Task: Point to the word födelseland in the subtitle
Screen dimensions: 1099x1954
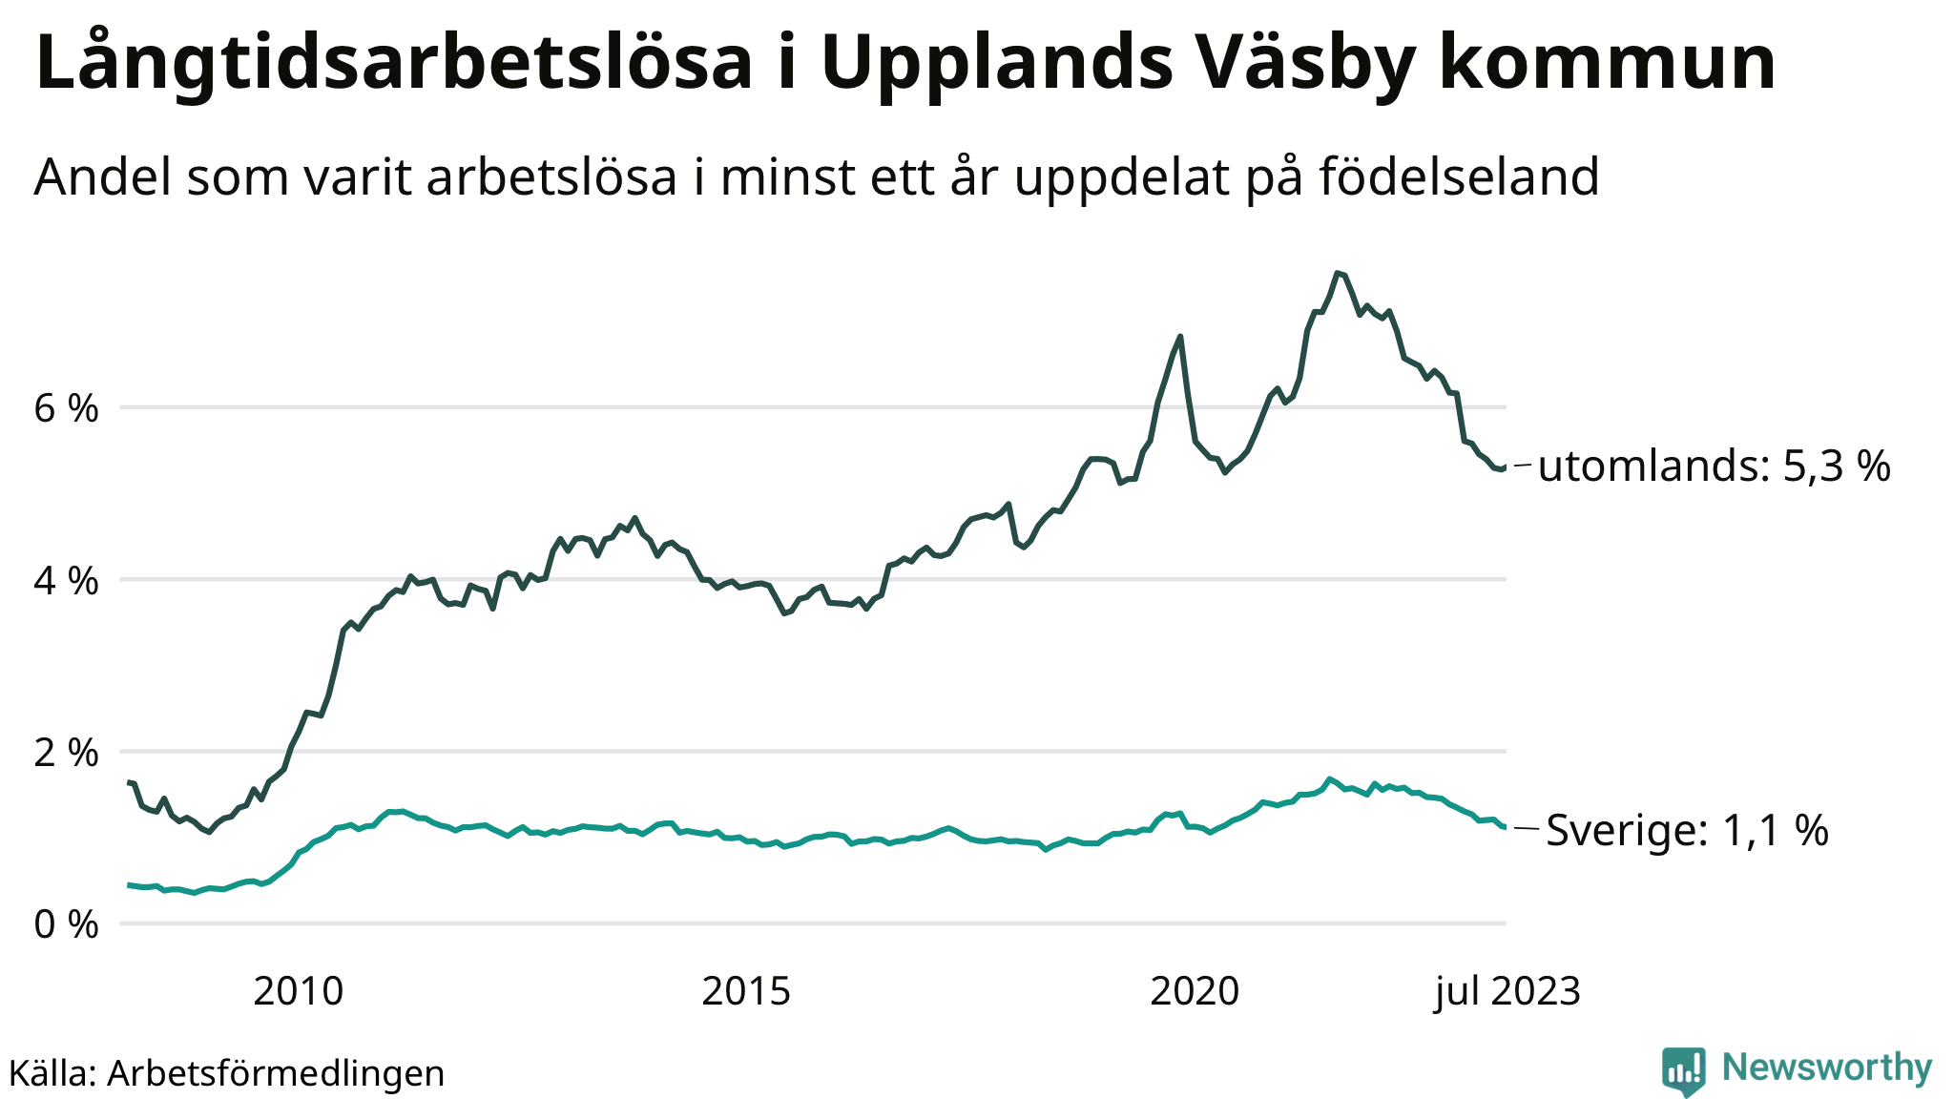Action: tap(1459, 177)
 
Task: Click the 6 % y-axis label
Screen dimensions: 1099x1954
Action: tap(66, 409)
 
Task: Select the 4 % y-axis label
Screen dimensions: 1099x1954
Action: tap(66, 581)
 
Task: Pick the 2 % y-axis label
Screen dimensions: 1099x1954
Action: tap(66, 753)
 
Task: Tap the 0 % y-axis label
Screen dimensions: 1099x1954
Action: tap(66, 924)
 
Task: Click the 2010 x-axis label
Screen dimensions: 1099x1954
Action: tap(298, 992)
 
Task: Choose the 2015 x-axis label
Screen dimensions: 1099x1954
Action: tap(746, 992)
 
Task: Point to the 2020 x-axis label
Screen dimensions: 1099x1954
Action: tap(1194, 992)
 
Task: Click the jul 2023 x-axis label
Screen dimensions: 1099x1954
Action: tap(1507, 992)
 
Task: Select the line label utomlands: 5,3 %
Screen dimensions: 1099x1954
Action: tap(1714, 467)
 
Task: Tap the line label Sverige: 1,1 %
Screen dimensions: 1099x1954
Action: tap(1687, 830)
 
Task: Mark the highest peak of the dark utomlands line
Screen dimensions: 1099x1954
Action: tap(1338, 273)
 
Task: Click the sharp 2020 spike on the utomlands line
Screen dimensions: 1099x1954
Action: tap(1181, 336)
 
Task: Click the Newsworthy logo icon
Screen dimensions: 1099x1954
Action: tap(1684, 1070)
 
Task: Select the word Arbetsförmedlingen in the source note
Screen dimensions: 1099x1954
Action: tap(276, 1073)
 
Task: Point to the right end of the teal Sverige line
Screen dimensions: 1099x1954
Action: tap(1505, 827)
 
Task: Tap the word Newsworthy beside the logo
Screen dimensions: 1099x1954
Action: tap(1827, 1068)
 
